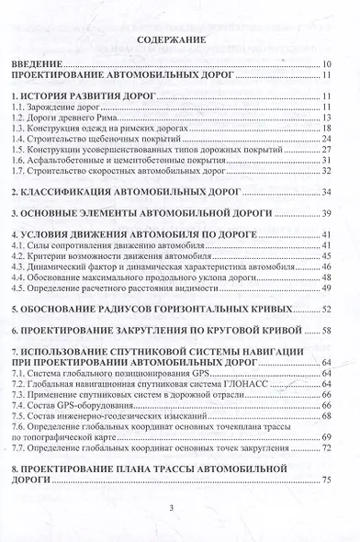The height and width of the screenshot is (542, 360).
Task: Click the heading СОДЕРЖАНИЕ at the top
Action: (x=181, y=41)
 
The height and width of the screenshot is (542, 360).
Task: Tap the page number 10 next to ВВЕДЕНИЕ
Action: (x=326, y=66)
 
